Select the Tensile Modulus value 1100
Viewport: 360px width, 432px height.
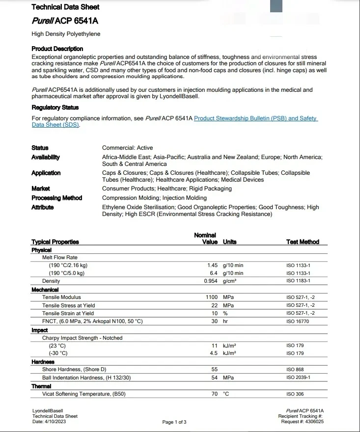click(212, 297)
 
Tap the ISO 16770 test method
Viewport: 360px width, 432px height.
click(298, 322)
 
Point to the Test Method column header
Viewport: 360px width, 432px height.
click(303, 242)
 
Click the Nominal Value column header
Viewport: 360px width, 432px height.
click(206, 239)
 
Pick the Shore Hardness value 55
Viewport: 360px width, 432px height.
click(214, 370)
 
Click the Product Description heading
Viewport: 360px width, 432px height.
click(57, 49)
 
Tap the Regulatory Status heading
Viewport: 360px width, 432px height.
click(55, 107)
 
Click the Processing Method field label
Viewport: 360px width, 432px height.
click(56, 198)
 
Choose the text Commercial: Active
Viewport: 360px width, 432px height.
click(127, 147)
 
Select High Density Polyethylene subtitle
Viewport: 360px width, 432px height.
click(66, 34)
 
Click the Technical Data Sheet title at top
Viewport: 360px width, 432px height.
click(65, 7)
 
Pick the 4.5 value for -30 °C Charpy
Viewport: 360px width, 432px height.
click(214, 353)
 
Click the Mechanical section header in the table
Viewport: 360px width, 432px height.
click(45, 290)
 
